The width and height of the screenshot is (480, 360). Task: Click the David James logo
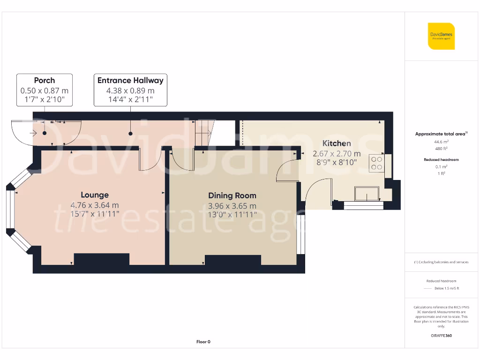(441, 36)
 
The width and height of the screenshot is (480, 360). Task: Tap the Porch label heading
(45, 81)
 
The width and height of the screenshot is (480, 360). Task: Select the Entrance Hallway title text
(130, 81)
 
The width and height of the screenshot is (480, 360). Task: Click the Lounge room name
(95, 195)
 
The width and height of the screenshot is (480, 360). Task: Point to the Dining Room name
(232, 195)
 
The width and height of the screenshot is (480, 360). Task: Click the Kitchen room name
(337, 143)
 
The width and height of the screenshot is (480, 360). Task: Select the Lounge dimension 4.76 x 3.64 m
(95, 205)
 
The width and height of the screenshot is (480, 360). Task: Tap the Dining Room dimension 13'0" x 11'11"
(232, 215)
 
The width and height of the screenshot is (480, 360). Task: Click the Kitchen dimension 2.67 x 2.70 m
(337, 153)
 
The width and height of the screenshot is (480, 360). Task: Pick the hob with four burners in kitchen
(376, 163)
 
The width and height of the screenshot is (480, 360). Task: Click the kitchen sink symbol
(367, 193)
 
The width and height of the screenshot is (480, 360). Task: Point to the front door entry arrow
(33, 133)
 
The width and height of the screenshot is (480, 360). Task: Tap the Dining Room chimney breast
(233, 261)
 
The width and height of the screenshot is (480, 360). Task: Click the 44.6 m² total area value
(440, 141)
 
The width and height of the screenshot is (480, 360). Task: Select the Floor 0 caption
(203, 342)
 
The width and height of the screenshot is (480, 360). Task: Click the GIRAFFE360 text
(441, 336)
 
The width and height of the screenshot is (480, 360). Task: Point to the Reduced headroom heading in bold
(441, 159)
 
